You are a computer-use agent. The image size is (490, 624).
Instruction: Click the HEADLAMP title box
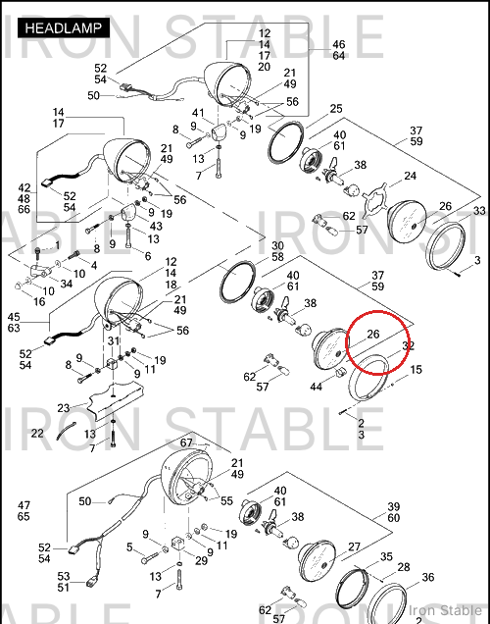(x=64, y=27)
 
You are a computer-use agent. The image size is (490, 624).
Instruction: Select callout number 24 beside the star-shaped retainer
(x=410, y=176)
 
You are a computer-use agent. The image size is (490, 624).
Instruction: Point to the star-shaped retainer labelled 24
(x=374, y=197)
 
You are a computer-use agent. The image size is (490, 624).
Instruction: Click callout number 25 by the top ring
(x=336, y=109)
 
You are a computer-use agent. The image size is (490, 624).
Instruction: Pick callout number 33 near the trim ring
(x=479, y=211)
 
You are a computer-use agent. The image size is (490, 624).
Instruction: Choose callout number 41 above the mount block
(x=198, y=113)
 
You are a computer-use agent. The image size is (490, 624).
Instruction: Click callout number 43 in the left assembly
(x=156, y=226)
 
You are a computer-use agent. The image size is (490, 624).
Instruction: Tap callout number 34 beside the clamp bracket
(x=66, y=284)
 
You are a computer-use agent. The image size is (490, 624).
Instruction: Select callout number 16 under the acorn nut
(x=39, y=301)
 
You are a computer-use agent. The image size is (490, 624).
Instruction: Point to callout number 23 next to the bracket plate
(x=63, y=408)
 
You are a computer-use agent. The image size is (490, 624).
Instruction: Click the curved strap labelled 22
(x=67, y=431)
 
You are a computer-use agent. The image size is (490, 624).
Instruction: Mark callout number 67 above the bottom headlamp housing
(x=186, y=442)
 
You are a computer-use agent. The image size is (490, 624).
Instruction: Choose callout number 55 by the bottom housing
(x=226, y=500)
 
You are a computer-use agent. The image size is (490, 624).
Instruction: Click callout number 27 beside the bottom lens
(x=354, y=546)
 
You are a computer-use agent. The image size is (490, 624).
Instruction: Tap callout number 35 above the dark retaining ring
(x=386, y=556)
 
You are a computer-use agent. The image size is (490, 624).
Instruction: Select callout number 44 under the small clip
(x=316, y=386)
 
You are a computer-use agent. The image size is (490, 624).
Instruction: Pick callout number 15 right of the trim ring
(x=416, y=370)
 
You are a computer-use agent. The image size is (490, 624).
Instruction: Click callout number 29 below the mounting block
(x=201, y=560)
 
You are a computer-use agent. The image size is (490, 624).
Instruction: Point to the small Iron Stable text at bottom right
(x=445, y=610)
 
